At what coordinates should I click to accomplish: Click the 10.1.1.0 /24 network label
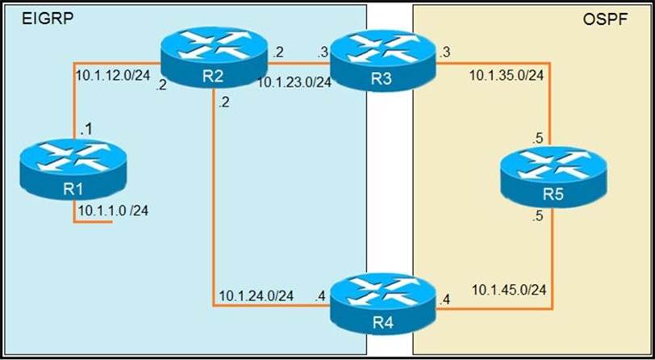point(113,211)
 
